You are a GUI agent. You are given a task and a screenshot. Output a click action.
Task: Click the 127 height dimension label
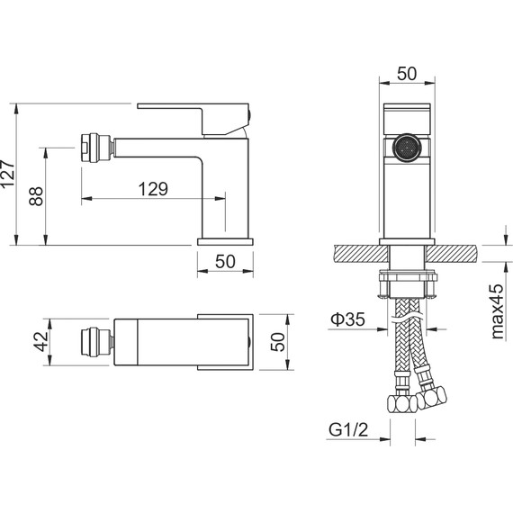click(x=7, y=174)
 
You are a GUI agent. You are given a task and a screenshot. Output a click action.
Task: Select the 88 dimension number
click(x=36, y=196)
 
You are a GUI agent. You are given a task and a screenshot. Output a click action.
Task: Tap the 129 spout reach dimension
click(x=153, y=189)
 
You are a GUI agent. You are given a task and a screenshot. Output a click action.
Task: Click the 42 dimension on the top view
click(x=41, y=342)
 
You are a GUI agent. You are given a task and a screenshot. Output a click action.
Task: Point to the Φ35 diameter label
click(x=347, y=319)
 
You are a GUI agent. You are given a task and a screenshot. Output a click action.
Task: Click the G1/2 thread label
click(x=348, y=430)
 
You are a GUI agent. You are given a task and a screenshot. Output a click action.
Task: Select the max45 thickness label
click(x=498, y=311)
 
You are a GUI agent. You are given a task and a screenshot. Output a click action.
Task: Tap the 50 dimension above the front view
click(x=407, y=74)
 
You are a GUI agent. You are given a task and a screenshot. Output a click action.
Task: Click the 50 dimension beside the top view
click(x=278, y=342)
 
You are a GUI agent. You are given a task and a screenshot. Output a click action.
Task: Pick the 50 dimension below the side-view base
click(x=225, y=261)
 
